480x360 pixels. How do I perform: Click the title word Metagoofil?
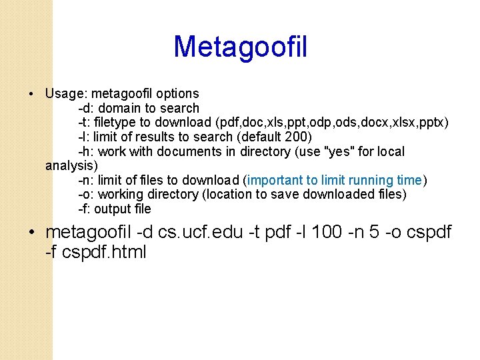[240, 47]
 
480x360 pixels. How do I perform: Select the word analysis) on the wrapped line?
[71, 165]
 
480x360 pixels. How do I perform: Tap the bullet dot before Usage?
[31, 93]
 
